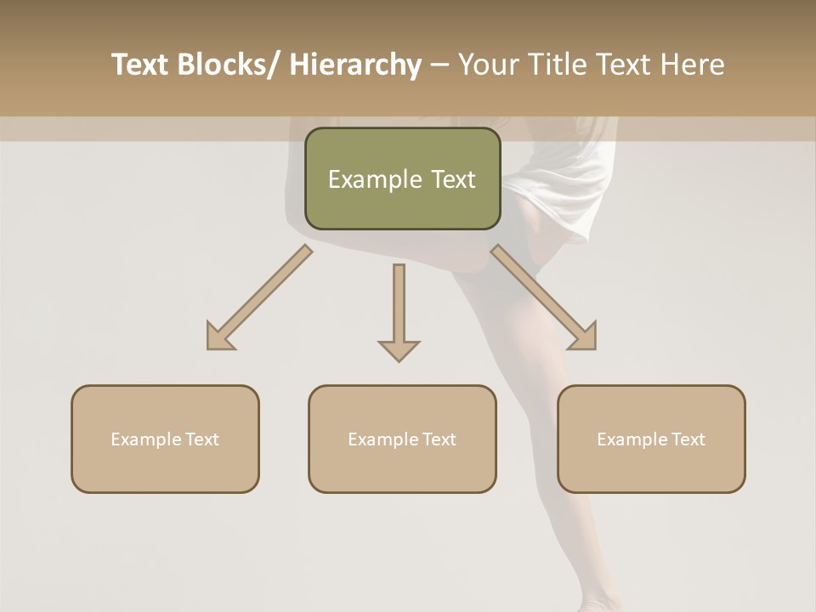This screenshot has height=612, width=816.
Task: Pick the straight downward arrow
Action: [x=399, y=311]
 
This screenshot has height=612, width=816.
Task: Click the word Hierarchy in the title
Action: [x=355, y=65]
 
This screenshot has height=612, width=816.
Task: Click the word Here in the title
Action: [x=690, y=65]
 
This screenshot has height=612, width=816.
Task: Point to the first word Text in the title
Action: [x=142, y=65]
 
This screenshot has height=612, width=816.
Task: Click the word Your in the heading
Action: [x=490, y=65]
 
